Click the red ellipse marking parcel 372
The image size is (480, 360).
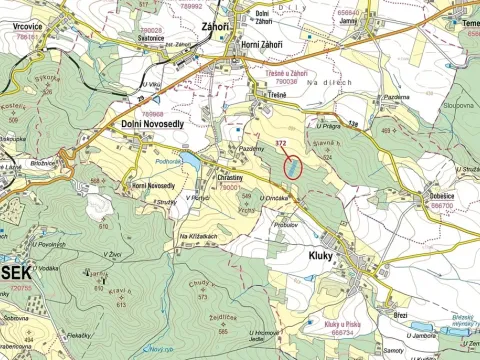(291, 167)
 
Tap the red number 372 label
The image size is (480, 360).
(282, 145)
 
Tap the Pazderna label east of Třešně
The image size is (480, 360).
(397, 98)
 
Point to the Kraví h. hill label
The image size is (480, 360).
(117, 291)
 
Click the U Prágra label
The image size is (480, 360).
(329, 127)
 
